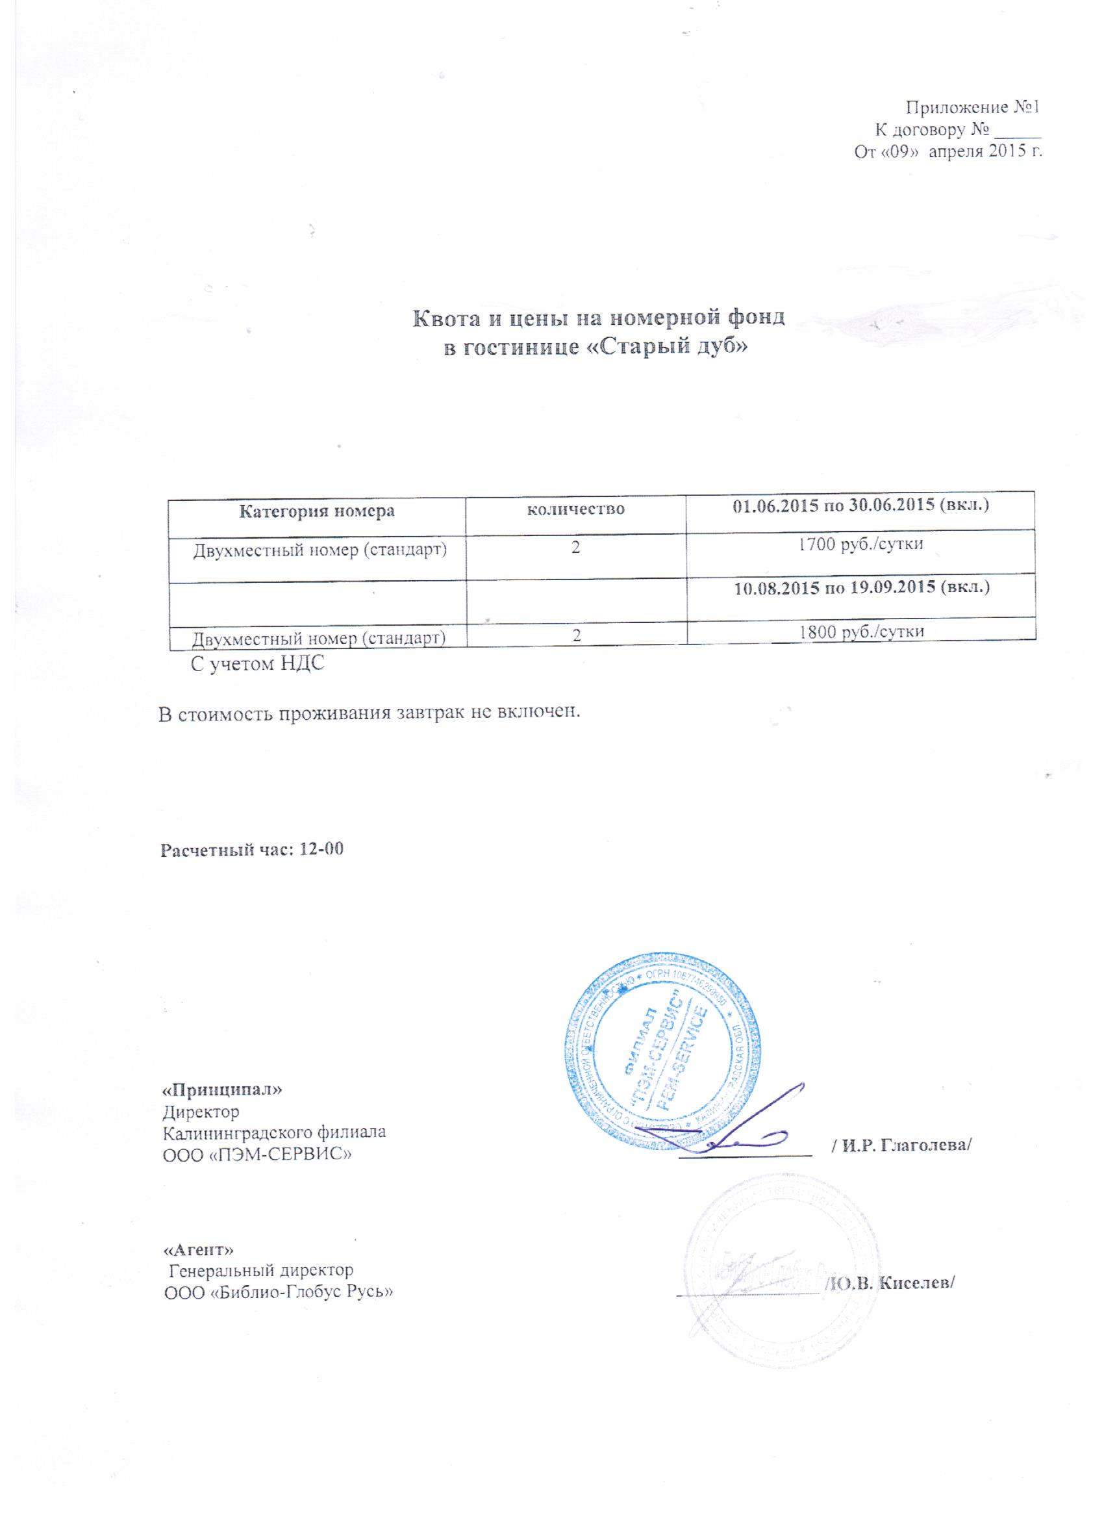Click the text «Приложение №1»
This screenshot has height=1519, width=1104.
[973, 108]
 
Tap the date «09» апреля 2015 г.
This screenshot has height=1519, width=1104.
[948, 152]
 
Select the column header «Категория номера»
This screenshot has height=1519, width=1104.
[317, 512]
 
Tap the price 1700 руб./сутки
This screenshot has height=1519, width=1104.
[861, 544]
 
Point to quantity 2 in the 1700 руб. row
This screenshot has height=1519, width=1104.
[576, 545]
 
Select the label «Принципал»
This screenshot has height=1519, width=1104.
[222, 1090]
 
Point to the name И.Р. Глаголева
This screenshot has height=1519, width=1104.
[901, 1145]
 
